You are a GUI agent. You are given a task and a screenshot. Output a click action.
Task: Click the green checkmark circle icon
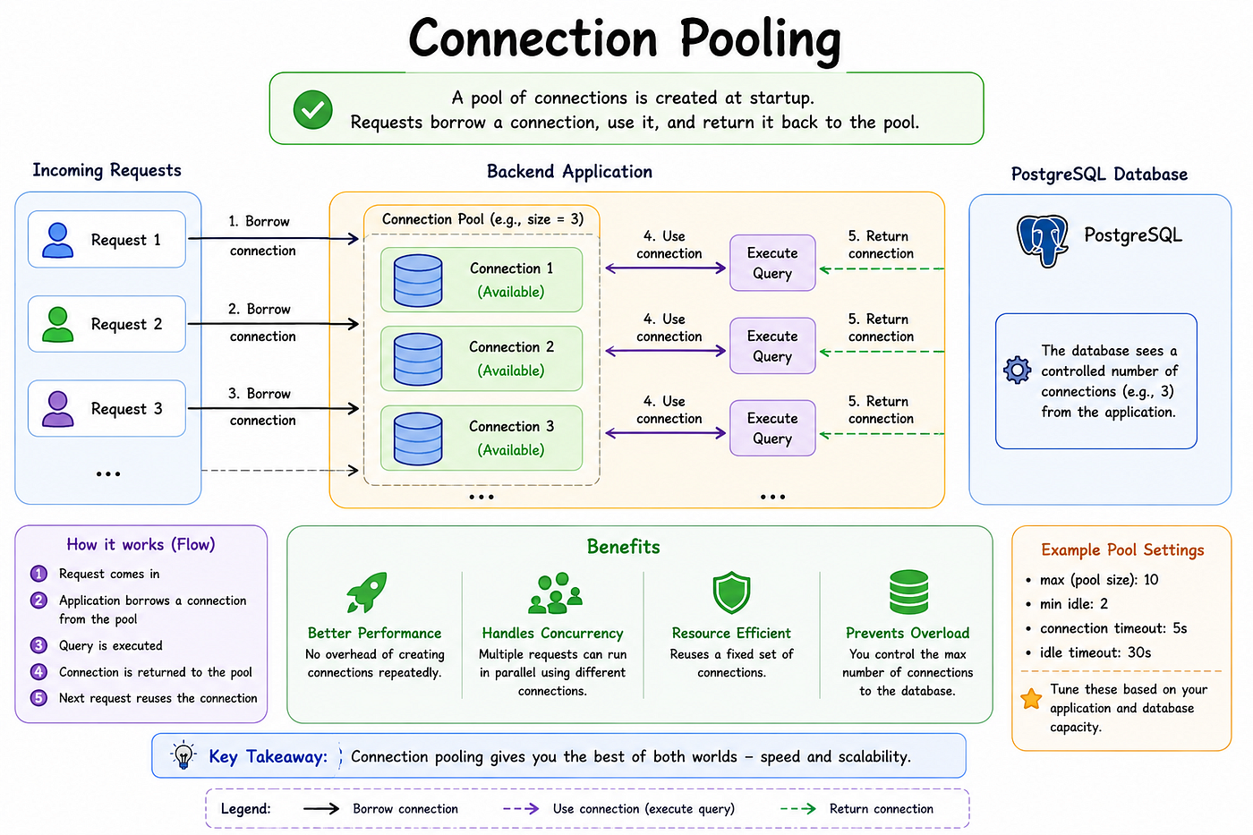[x=312, y=109]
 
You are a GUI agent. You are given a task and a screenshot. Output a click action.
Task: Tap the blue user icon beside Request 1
[x=57, y=240]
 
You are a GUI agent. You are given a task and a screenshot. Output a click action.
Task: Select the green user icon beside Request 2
[x=57, y=324]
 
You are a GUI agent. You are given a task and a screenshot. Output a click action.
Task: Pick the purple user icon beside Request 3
[x=57, y=409]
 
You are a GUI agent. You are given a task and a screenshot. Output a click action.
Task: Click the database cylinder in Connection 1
[x=418, y=281]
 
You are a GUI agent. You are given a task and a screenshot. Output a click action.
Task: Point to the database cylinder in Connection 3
[x=418, y=439]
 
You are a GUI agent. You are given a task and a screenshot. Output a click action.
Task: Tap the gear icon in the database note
[x=1017, y=370]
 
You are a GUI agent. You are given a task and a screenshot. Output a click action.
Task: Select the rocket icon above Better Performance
[x=367, y=592]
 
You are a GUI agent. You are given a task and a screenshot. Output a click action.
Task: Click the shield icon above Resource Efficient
[x=731, y=592]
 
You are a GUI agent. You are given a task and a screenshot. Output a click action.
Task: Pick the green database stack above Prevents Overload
[x=908, y=592]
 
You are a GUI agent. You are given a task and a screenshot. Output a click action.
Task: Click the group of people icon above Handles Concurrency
[x=555, y=593]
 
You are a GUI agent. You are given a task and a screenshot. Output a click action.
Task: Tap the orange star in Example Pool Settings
[x=1031, y=699]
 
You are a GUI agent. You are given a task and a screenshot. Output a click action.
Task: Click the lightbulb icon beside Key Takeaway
[x=183, y=755]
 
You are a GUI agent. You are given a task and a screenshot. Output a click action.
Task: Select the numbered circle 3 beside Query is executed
[x=38, y=645]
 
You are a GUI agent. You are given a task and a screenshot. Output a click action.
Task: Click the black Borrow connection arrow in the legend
[x=321, y=809]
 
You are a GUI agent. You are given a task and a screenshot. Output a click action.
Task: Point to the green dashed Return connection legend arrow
[x=797, y=809]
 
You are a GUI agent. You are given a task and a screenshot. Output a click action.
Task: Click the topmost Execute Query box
[x=772, y=263]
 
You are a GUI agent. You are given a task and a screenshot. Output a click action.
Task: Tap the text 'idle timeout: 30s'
[x=1095, y=652]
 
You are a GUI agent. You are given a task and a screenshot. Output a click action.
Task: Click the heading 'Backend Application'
[x=569, y=172]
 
